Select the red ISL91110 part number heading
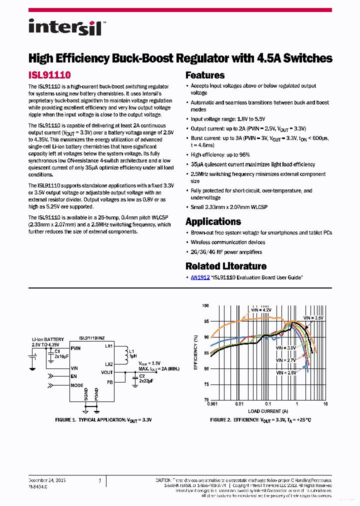[49, 75]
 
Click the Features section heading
[205, 75]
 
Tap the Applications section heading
[213, 221]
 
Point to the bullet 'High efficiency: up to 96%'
[220, 155]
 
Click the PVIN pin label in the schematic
[76, 348]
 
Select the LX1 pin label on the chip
[109, 346]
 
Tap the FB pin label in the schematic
[110, 382]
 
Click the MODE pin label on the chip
[77, 385]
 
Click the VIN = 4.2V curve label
[260, 310]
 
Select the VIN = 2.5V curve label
[285, 372]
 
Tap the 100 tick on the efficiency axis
[205, 305]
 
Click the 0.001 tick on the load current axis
[211, 403]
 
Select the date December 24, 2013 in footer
[47, 480]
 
